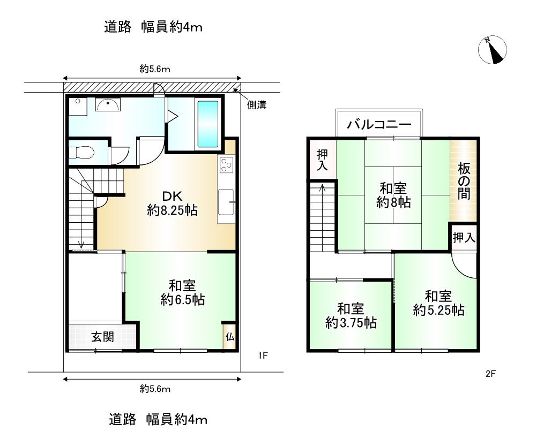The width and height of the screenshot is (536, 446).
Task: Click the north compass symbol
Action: click(492, 50)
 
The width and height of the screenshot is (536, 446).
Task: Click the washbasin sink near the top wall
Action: click(108, 104)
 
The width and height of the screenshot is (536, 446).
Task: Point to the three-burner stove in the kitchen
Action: click(226, 164)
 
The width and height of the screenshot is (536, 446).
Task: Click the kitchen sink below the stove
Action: click(226, 202)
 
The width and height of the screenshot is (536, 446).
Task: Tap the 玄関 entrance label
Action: click(102, 337)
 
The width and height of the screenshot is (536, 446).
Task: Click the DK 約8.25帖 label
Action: click(172, 203)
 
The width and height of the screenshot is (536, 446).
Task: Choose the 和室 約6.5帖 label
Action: click(183, 292)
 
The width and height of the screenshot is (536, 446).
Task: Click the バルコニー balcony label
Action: click(379, 124)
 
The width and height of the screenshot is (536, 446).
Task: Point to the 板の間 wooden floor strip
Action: click(463, 180)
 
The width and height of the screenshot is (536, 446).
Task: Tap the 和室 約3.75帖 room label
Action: click(351, 315)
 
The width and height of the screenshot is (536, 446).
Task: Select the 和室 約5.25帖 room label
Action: click(438, 303)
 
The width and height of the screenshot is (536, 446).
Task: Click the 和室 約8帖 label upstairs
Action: click(393, 195)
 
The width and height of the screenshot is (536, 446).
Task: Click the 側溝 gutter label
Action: click(257, 105)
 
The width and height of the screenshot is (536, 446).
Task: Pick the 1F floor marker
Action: click(263, 356)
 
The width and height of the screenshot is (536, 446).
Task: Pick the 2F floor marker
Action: click(490, 374)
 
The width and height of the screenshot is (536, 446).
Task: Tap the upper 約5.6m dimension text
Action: click(155, 69)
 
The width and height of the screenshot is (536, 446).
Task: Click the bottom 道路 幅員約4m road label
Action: click(158, 419)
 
